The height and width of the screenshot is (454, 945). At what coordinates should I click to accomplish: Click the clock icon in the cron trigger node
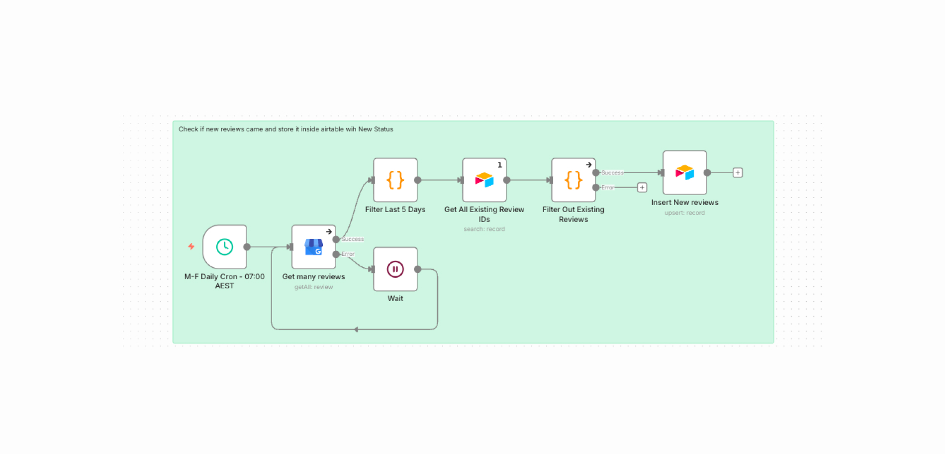(224, 246)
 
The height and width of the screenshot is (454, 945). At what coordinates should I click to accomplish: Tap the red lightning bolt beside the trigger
(191, 246)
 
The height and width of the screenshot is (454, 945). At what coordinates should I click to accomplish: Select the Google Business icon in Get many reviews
(313, 246)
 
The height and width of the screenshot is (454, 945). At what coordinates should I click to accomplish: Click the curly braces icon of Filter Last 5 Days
(395, 180)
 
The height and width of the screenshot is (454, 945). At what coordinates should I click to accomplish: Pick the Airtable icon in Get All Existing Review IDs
(484, 180)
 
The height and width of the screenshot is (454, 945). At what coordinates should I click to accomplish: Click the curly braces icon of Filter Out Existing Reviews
(573, 180)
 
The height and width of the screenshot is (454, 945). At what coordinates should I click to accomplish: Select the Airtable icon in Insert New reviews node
(684, 172)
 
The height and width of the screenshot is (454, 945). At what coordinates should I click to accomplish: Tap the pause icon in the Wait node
(395, 269)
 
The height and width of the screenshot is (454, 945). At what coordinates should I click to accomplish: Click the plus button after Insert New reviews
(738, 173)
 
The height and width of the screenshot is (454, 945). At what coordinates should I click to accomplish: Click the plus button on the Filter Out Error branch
(642, 188)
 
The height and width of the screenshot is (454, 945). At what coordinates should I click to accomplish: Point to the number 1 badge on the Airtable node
(500, 165)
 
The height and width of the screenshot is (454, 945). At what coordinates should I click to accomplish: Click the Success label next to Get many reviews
(353, 239)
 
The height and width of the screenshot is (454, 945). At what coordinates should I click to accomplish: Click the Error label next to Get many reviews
(348, 254)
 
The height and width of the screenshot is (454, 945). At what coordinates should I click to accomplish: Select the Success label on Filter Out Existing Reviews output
(612, 173)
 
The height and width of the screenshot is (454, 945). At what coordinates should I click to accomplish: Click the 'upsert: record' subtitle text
(684, 213)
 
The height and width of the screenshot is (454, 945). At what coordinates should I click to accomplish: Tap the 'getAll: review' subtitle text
(313, 287)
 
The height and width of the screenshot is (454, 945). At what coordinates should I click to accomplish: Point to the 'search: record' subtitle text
(484, 229)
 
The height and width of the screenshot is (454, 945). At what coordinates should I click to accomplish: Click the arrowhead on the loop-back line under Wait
(356, 330)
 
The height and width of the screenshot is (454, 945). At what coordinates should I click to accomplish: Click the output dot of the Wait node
(418, 269)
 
